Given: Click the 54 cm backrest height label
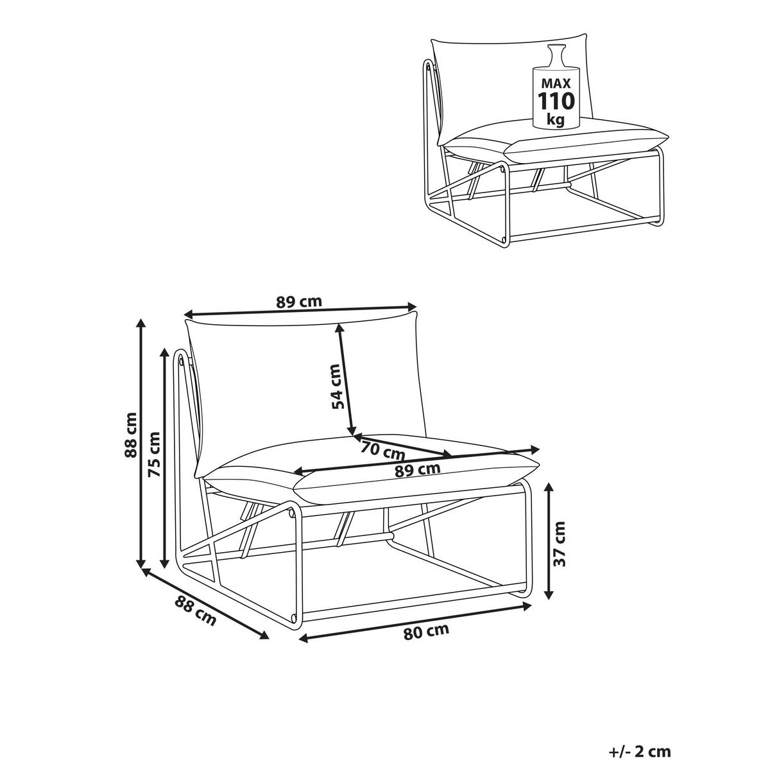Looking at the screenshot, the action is coord(338,386).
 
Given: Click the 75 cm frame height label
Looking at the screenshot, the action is coord(154,454).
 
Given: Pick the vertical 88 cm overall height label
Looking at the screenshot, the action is coord(130,435).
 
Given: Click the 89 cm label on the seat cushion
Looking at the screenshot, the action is coord(417,470).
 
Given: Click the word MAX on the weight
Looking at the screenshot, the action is coord(556,83).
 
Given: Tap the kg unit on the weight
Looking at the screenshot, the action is coord(556,120).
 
